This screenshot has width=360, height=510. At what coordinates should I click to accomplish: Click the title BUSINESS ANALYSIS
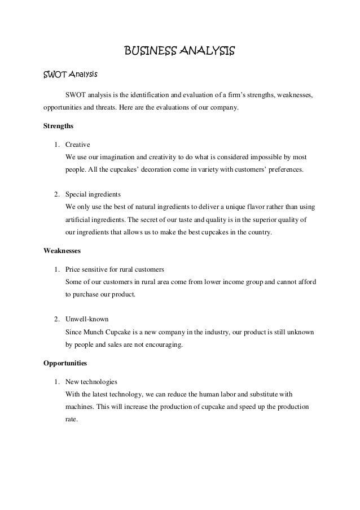[x=179, y=53]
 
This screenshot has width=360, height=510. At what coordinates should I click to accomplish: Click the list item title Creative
[x=78, y=145]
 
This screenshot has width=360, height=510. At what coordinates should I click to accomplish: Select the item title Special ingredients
[x=93, y=194]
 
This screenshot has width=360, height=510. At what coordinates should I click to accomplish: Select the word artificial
[x=78, y=219]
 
